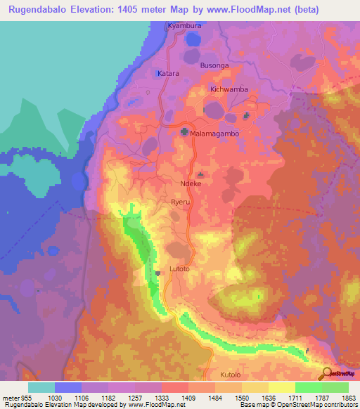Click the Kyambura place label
[184, 26]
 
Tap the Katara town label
[168, 72]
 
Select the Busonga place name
[214, 65]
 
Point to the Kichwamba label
[229, 90]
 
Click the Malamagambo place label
[218, 132]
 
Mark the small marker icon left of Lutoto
[159, 272]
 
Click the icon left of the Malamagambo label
[184, 131]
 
